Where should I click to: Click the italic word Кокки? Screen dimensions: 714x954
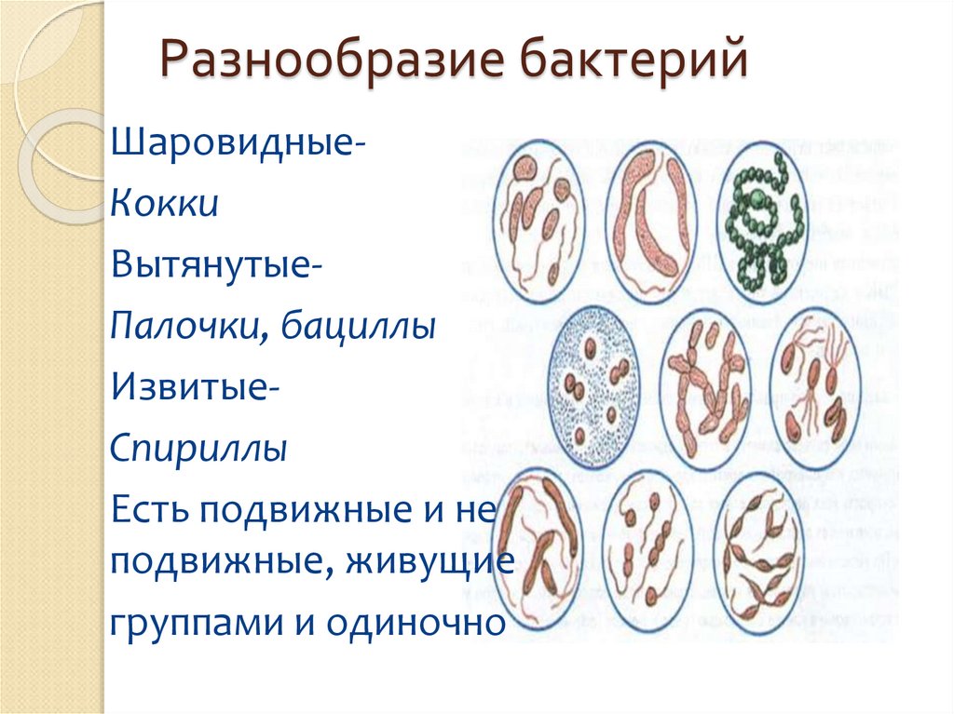[165, 205]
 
